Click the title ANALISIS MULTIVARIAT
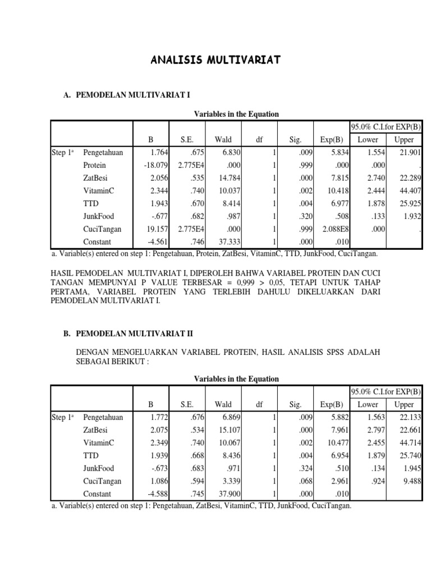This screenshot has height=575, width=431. (x=216, y=60)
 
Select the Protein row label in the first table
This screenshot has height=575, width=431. (x=94, y=165)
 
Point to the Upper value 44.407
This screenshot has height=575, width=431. (x=410, y=191)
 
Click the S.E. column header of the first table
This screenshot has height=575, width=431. (x=186, y=140)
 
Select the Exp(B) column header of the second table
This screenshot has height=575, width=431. (x=331, y=405)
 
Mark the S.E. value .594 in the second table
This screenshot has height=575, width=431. (x=190, y=481)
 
